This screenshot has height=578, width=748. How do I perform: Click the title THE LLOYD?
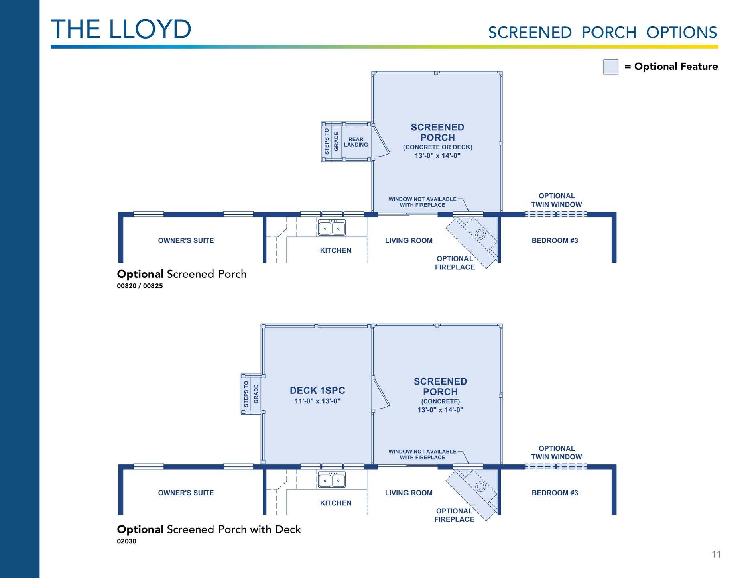pos(121,29)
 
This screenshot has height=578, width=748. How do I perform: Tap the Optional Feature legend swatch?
pos(610,67)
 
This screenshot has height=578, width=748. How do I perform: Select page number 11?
pos(716,554)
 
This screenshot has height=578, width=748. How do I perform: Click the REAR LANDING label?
pos(356,142)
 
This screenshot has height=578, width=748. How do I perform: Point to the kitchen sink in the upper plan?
pos(331,228)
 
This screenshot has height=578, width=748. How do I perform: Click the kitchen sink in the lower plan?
pos(331,480)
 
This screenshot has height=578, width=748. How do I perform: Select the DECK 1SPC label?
pos(317,391)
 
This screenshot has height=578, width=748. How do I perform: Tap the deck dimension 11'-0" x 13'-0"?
pos(317,401)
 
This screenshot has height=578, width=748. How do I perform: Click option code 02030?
pos(126,541)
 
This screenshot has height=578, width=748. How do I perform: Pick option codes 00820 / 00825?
pos(140,286)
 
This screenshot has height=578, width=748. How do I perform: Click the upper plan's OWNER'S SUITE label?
pos(186,240)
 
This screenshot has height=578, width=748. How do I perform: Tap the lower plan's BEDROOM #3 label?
pos(555,493)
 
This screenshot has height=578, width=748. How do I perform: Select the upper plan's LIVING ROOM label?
pos(409,240)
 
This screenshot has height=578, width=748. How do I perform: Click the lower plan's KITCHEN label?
pos(335,503)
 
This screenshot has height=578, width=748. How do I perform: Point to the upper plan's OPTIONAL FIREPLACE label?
pos(455,263)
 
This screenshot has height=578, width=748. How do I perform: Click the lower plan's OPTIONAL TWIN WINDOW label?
pos(556,452)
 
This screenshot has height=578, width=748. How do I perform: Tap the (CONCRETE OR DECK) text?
pos(437,147)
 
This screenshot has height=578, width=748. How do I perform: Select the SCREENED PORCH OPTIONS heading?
pos(602,33)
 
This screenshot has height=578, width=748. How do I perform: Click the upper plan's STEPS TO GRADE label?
pos(331,141)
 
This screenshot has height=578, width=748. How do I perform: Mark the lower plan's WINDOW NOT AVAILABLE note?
pos(422,454)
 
